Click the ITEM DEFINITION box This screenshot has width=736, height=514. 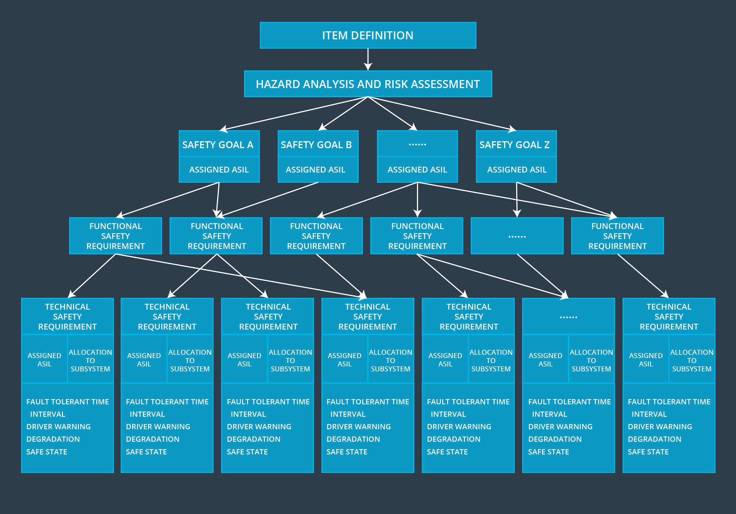pos(368,35)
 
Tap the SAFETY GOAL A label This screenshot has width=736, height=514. pos(218,145)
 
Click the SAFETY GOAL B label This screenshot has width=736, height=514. pos(316,145)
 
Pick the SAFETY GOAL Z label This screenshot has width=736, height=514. pos(514,145)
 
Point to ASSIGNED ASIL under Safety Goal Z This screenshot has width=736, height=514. pos(517,169)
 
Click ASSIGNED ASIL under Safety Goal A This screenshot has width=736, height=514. pos(219,169)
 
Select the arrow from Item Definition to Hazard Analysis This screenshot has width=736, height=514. pos(368,59)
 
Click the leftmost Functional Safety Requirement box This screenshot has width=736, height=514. pos(115,236)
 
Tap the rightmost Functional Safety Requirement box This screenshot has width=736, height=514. pos(617,236)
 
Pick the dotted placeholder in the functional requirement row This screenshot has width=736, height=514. pos(517,237)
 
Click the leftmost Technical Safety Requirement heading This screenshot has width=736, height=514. pos(67,316)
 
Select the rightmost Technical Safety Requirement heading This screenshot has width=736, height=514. pos(669,316)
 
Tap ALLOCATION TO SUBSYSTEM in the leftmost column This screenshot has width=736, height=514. pos(90,360)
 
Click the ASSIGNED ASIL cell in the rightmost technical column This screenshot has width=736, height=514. pos(646,359)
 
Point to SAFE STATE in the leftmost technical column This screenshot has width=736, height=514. pos(47,452)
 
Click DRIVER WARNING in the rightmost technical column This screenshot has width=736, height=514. pos(660,426)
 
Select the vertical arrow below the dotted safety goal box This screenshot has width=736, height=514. pos(417,199)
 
